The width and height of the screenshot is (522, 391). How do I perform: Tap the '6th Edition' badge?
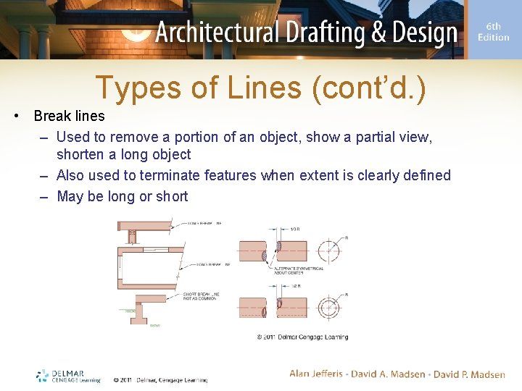pos(493,32)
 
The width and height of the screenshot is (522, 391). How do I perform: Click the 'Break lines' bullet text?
pos(69,116)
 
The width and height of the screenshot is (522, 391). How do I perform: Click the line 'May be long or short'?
pos(122,196)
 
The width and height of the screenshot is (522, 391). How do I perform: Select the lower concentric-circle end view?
pos(328,307)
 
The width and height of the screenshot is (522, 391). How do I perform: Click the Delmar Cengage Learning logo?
pos(68,376)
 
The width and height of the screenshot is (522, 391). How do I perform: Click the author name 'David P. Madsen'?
pos(469,374)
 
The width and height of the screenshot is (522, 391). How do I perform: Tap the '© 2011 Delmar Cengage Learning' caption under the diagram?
pos(302,337)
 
